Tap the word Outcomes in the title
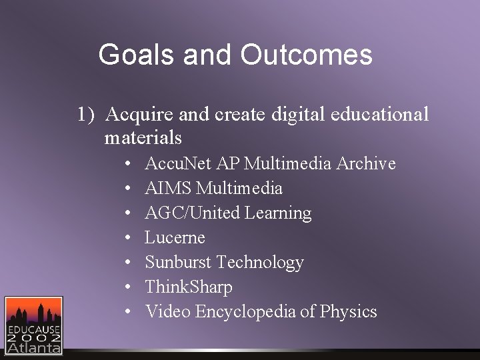click(306, 55)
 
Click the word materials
click(143, 138)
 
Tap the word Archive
click(366, 163)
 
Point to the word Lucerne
click(175, 237)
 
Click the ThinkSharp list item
click(189, 287)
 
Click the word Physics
click(349, 312)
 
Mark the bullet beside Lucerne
click(127, 238)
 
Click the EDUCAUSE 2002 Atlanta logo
click(33, 325)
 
